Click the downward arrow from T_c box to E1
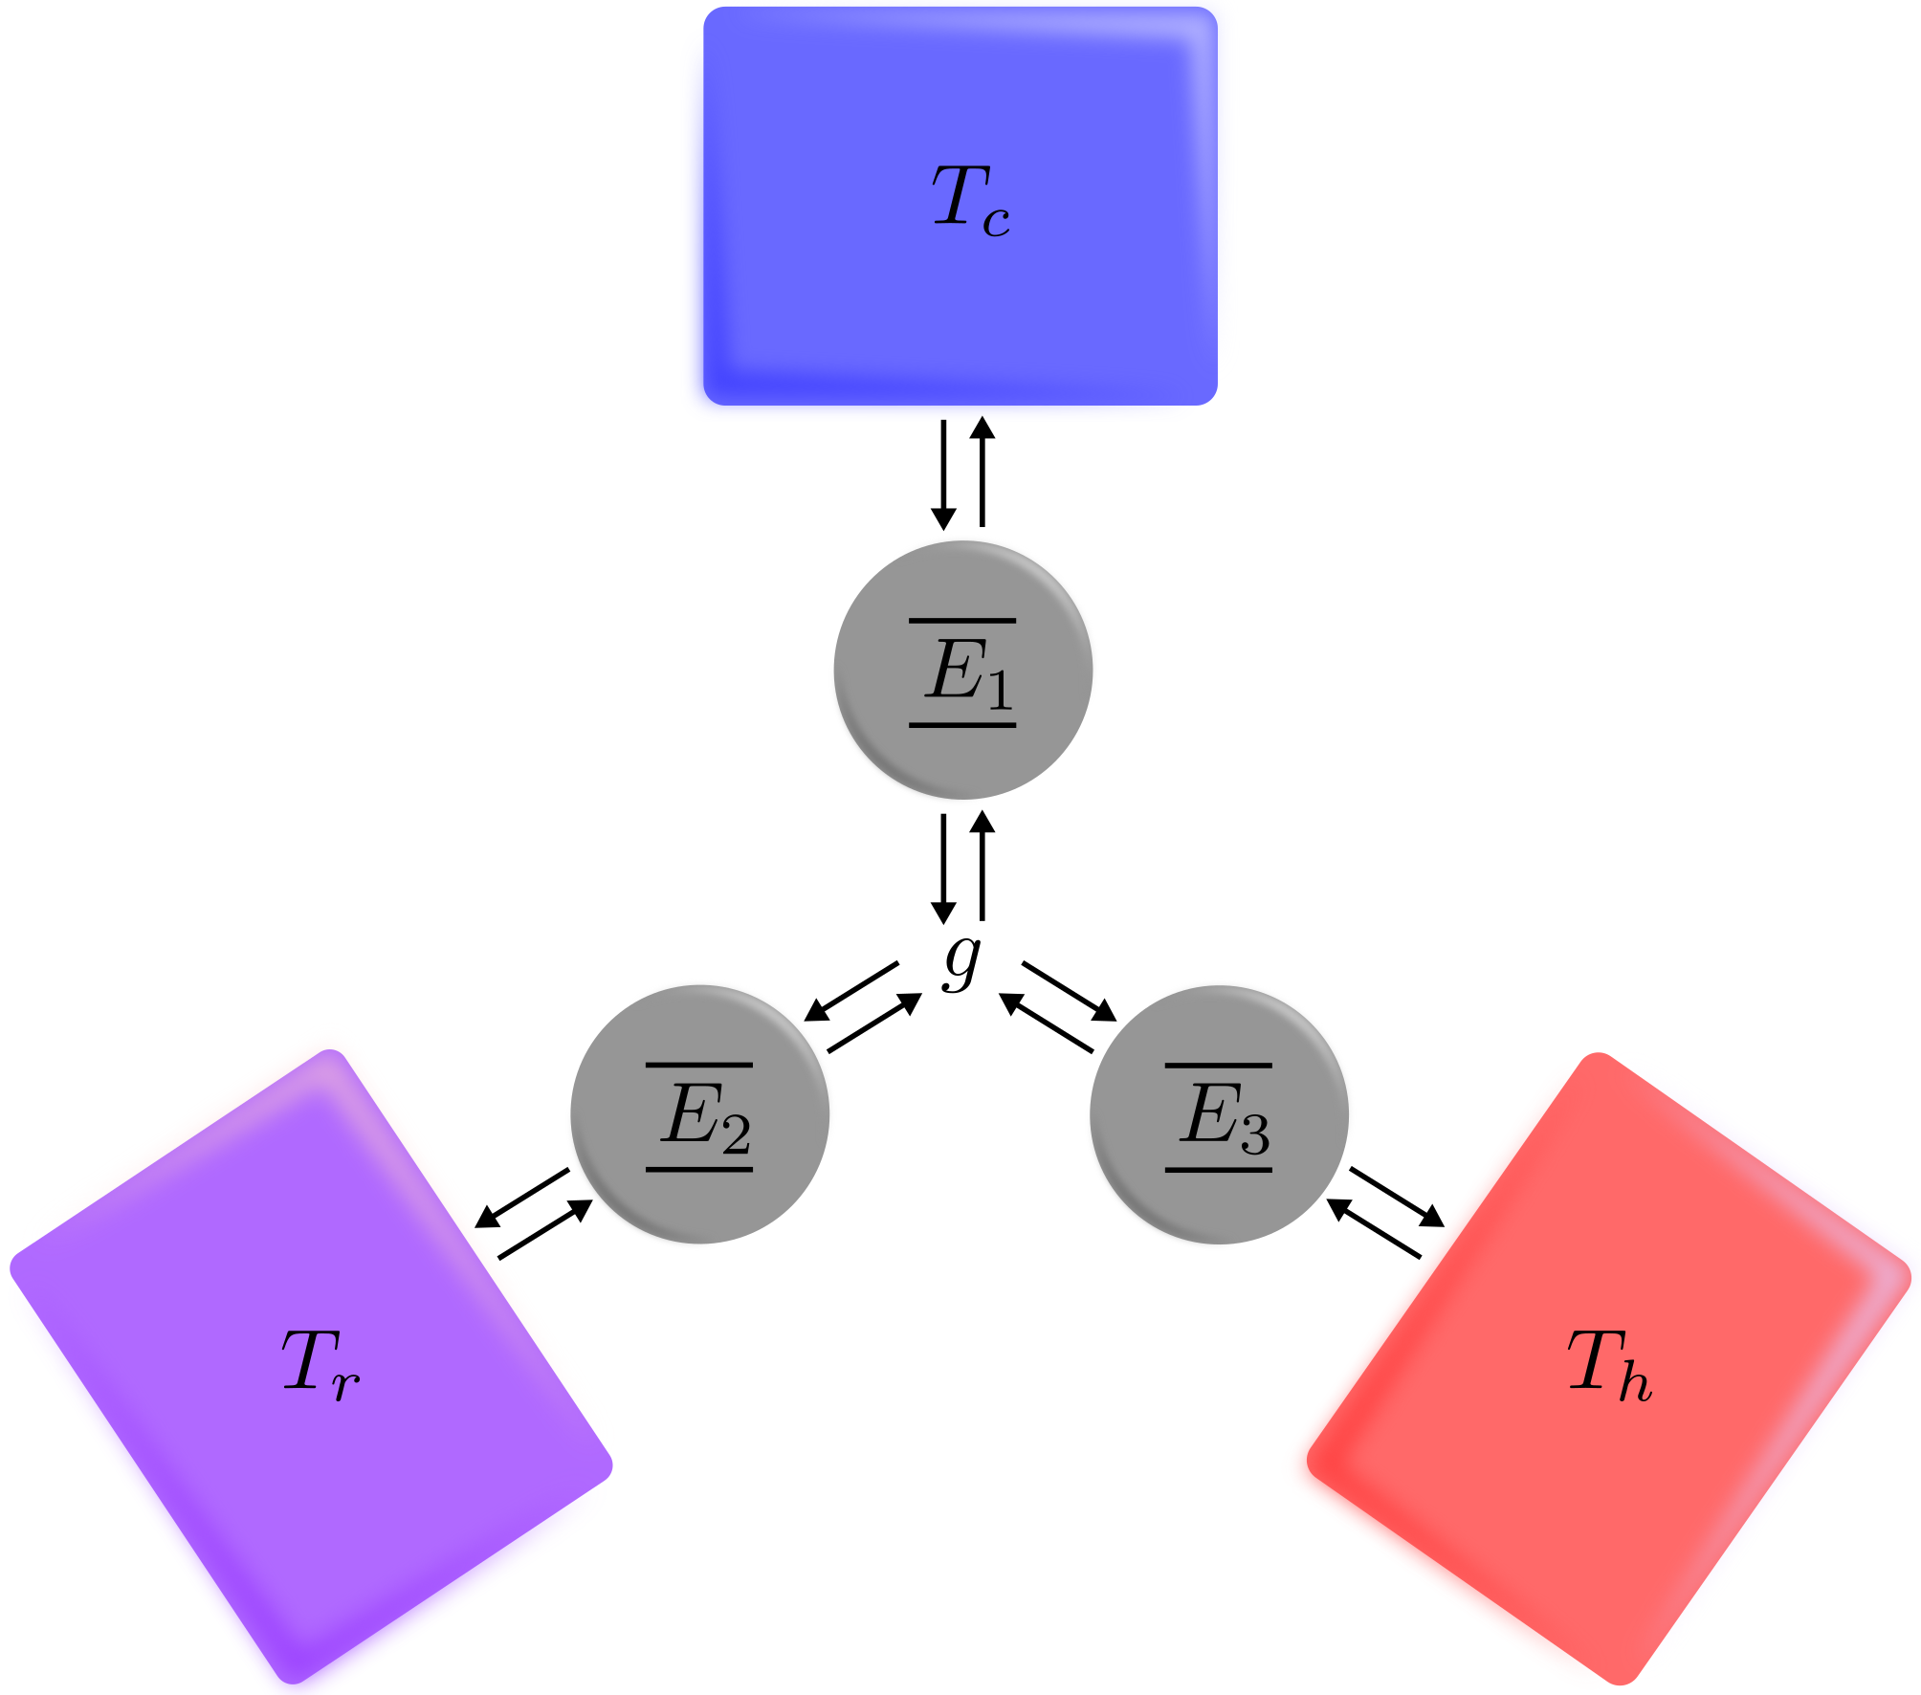943,474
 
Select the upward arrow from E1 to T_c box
983,473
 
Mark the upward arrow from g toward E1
983,866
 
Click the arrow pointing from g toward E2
852,991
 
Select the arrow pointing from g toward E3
1070,991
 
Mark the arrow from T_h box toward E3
1374,1228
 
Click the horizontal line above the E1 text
962,621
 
